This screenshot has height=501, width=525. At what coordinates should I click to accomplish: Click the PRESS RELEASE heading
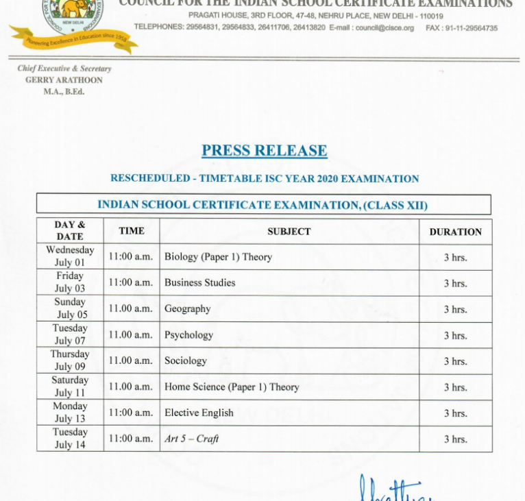264,151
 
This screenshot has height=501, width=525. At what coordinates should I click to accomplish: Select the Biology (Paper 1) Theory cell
218,257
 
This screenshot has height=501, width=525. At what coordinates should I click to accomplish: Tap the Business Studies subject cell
199,282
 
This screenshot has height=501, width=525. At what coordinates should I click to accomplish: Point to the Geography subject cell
187,308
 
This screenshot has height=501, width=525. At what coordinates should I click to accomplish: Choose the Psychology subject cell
188,334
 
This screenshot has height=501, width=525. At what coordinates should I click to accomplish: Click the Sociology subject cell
185,361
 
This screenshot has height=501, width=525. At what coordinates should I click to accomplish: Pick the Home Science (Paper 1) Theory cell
232,387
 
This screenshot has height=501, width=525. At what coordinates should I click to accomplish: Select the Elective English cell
199,413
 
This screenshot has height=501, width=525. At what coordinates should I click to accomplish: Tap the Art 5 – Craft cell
191,439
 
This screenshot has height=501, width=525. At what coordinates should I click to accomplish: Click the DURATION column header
455,232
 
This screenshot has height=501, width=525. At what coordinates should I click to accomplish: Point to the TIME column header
131,231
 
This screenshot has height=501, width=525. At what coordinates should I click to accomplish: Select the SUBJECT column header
289,232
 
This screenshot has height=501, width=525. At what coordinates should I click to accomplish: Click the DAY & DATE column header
70,230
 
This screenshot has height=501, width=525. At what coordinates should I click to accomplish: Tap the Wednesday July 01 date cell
70,256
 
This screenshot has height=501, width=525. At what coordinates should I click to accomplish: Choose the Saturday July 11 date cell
70,387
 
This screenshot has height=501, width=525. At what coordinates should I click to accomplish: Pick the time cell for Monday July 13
131,413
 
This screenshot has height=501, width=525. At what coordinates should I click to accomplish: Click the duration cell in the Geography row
455,309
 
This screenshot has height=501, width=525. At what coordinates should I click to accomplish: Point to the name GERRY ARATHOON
64,80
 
